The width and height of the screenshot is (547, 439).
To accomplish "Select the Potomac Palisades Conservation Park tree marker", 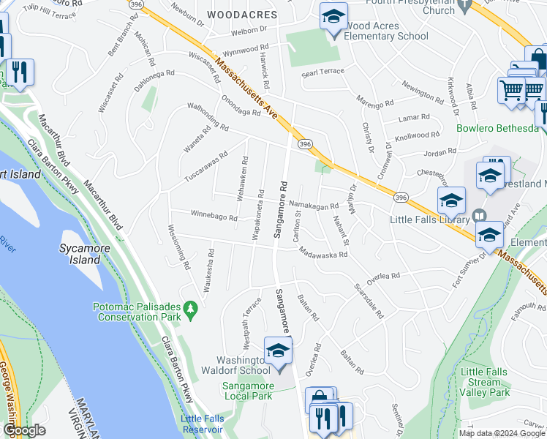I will pyautogui.click(x=192, y=310).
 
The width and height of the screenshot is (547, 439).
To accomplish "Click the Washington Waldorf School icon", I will pyautogui.click(x=277, y=352).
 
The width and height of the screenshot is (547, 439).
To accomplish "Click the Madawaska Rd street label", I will pyautogui.click(x=322, y=253).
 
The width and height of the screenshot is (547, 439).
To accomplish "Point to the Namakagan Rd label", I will pyautogui.click(x=314, y=207).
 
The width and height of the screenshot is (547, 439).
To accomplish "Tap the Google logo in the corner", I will pyautogui.click(x=24, y=430).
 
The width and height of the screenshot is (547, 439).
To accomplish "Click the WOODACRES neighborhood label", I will pyautogui.click(x=241, y=15).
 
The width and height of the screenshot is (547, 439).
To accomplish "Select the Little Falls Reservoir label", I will pyautogui.click(x=206, y=423).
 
